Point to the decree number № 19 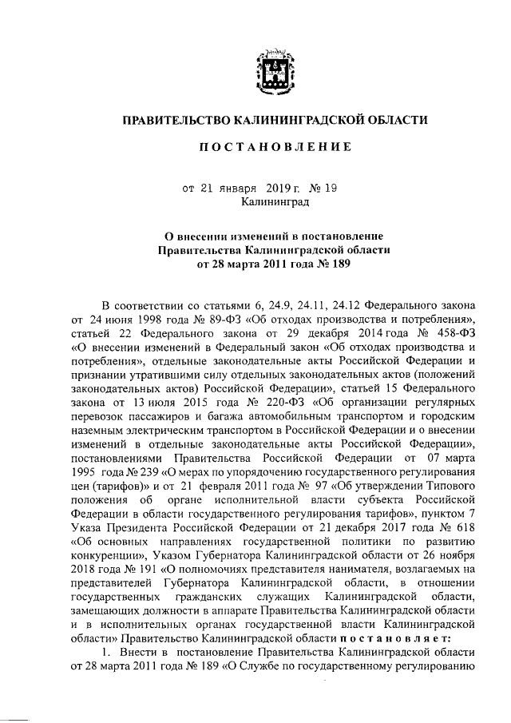pyautogui.click(x=323, y=189)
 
